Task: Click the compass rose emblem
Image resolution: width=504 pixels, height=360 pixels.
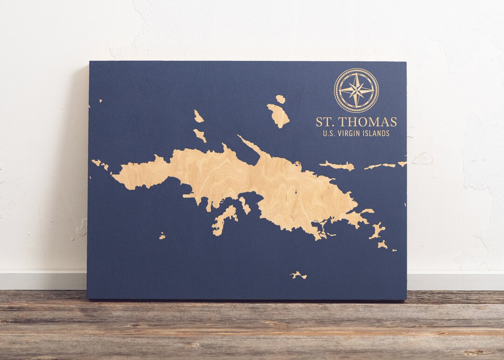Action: [x=356, y=90]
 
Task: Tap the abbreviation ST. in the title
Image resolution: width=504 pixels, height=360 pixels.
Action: [x=325, y=122]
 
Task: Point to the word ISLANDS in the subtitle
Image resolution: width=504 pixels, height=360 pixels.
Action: [x=378, y=134]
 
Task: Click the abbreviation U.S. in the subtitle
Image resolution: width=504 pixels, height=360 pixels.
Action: [x=329, y=134]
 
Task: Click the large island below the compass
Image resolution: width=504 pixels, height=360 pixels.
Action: [x=279, y=115]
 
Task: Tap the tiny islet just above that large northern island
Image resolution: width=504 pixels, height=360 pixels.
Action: [x=280, y=99]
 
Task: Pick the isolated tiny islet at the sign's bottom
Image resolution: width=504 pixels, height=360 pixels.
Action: [x=298, y=275]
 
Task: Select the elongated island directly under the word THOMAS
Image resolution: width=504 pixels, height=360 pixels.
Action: [x=337, y=165]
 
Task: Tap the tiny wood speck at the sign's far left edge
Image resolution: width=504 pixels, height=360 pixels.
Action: [x=100, y=100]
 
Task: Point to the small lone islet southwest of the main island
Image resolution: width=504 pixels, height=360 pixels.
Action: [x=162, y=236]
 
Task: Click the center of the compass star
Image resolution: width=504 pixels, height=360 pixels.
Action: [x=356, y=90]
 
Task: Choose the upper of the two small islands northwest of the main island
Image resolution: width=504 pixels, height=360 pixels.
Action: [x=198, y=116]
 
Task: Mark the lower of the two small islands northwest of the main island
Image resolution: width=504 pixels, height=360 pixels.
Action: [x=200, y=135]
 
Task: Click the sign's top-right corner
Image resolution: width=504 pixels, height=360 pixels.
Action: [x=406, y=62]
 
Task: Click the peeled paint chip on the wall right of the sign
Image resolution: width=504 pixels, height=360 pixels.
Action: [x=423, y=159]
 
